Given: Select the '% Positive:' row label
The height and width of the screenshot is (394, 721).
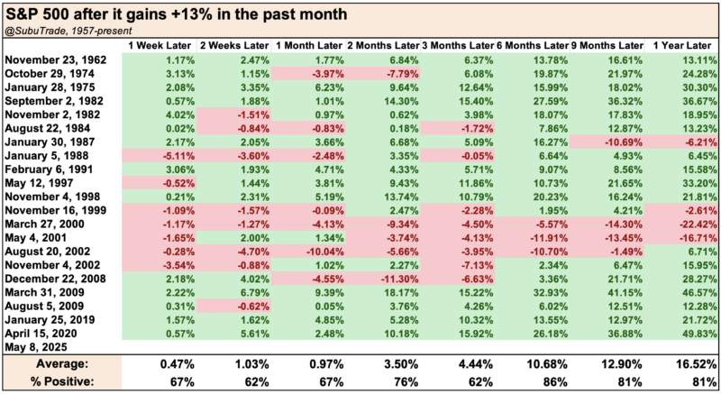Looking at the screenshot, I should coord(60,380).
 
